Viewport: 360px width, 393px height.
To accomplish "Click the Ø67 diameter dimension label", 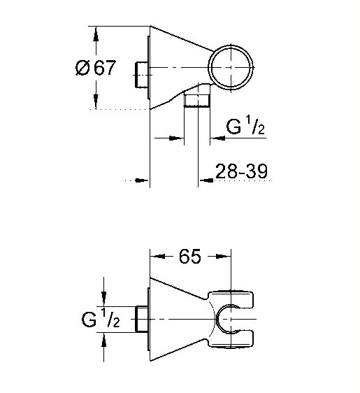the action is pos(96,67).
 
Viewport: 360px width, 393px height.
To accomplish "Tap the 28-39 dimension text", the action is pos(241,171).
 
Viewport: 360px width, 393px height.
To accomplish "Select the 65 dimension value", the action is pos(190,256).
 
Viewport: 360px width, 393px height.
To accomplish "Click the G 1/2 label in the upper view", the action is pos(245,126).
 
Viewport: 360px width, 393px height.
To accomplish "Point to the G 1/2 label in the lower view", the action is pos(101,318).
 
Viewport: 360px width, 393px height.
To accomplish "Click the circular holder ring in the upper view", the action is pos(208,67).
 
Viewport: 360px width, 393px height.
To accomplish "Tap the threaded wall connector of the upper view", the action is pos(141,74).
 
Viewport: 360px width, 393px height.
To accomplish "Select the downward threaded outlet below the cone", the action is pos(197,101).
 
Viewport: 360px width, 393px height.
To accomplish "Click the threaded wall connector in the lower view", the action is pos(141,319).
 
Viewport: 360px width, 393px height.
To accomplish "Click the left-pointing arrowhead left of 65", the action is pos(158,256).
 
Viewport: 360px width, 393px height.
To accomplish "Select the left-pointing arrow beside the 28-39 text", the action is pos(206,180).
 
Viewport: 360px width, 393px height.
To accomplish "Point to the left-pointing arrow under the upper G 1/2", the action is pos(217,138).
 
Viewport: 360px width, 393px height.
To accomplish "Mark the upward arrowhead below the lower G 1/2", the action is pos(103,340).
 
